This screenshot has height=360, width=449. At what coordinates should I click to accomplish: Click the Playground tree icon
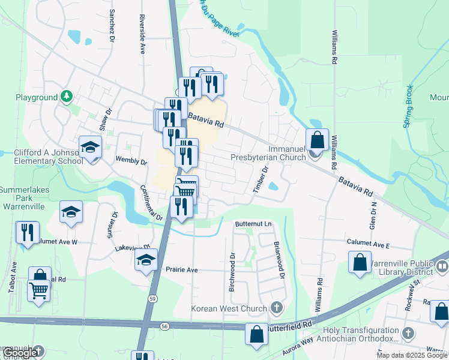pyautogui.click(x=67, y=96)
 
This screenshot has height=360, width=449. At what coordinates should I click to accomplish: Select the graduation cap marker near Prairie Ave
pyautogui.click(x=146, y=260)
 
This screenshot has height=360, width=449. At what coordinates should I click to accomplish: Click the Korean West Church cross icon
pyautogui.click(x=276, y=308)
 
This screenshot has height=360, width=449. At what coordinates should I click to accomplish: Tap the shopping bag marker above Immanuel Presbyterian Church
pyautogui.click(x=318, y=141)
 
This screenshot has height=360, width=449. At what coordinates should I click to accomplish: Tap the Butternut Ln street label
pyautogui.click(x=253, y=223)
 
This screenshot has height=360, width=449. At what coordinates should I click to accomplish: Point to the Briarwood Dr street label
pyautogui.click(x=278, y=259)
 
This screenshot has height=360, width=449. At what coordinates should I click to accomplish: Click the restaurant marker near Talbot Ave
pyautogui.click(x=27, y=232)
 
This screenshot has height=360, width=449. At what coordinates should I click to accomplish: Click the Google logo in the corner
pyautogui.click(x=20, y=353)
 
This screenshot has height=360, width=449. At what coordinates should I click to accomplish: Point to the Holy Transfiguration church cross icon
pyautogui.click(x=408, y=332)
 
